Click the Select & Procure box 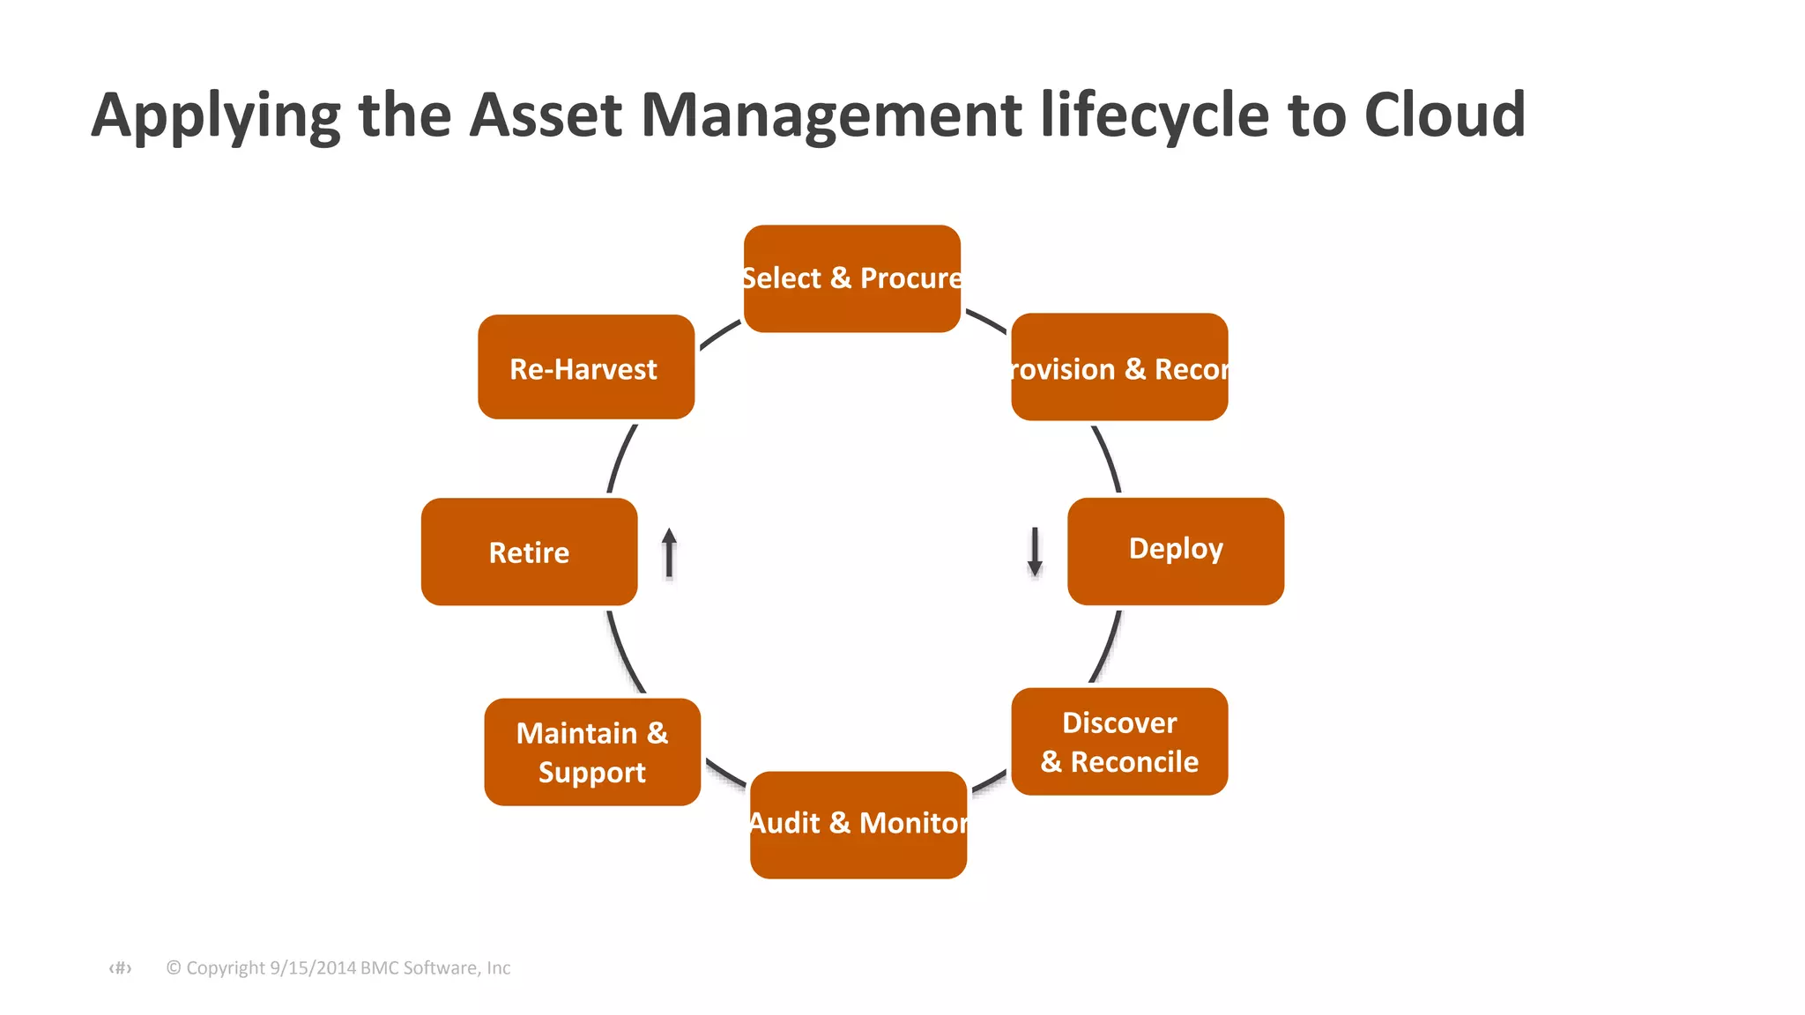[x=851, y=278]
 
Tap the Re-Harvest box [x=586, y=367]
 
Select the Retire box [x=529, y=552]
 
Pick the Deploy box [x=1175, y=551]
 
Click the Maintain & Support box [x=592, y=752]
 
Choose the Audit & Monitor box [x=858, y=824]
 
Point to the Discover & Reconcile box [x=1119, y=741]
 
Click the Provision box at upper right [x=1119, y=367]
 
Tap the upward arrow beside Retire [x=669, y=552]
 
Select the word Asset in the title [x=546, y=115]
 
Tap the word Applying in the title [x=215, y=116]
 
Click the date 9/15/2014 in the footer [x=312, y=967]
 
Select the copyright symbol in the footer [x=174, y=967]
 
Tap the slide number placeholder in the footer [x=120, y=968]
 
